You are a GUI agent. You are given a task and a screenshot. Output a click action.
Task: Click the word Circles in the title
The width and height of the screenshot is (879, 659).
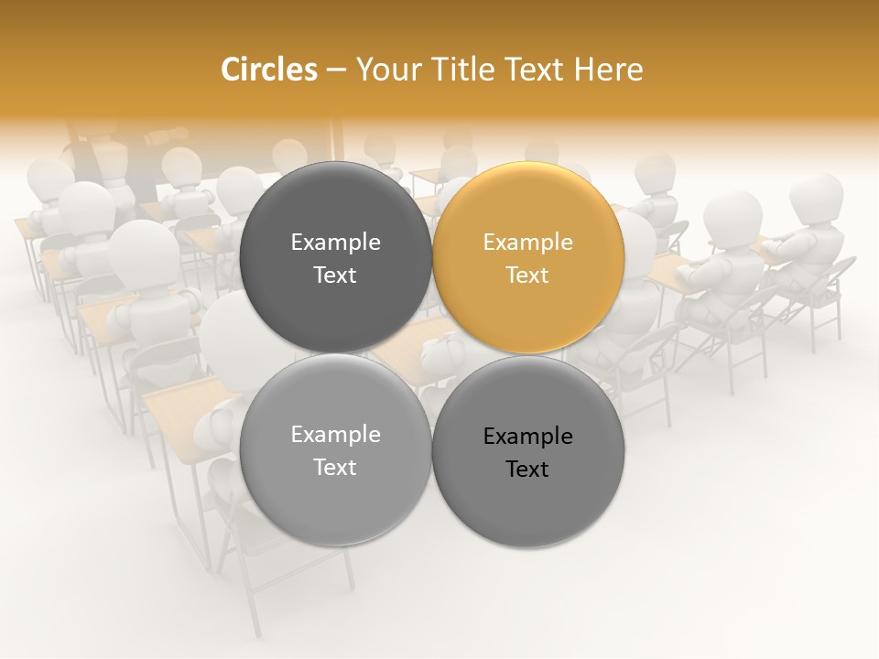point(268,70)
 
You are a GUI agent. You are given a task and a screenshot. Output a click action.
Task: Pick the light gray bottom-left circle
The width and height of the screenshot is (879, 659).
point(335,450)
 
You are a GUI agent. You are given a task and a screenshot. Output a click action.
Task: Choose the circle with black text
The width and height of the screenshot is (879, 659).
point(528,452)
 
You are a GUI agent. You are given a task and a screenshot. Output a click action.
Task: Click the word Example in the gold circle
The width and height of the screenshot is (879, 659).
point(528,243)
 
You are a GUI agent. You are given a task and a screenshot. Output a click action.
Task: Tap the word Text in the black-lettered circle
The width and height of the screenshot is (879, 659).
point(527,470)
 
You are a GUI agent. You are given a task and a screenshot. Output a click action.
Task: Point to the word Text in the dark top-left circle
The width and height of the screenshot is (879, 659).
point(335,275)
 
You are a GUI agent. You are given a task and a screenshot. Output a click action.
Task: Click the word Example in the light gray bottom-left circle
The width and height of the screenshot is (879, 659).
point(335,435)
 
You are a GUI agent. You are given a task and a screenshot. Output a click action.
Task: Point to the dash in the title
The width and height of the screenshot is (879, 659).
point(335,70)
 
